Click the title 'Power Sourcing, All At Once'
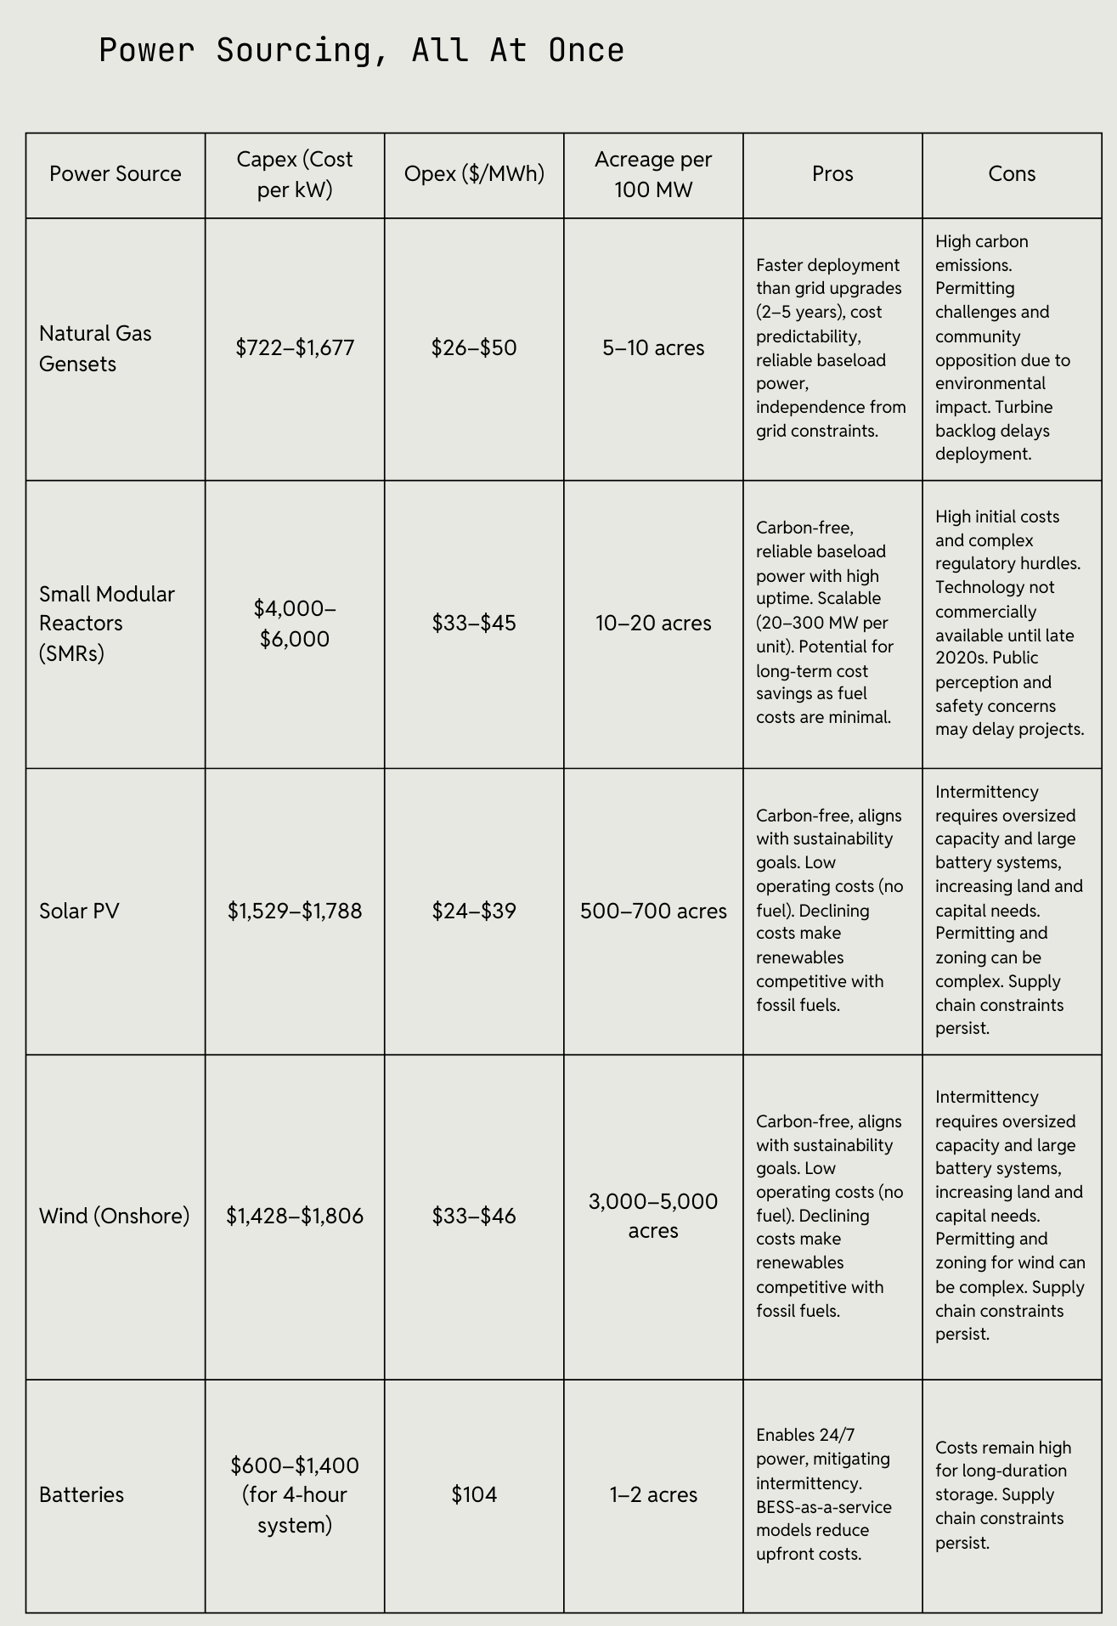(x=361, y=51)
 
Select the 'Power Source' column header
(x=116, y=174)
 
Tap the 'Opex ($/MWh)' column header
(x=474, y=174)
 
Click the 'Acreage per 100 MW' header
(x=653, y=174)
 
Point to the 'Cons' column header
(x=1012, y=174)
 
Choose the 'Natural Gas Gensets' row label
(x=95, y=348)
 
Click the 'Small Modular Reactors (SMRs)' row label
(x=107, y=624)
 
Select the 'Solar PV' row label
(x=79, y=912)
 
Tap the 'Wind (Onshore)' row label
(x=115, y=1216)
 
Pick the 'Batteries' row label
(x=82, y=1494)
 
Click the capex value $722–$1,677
(x=295, y=348)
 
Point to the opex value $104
(x=474, y=1494)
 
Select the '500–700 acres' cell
(x=653, y=912)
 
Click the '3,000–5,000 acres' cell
(x=653, y=1216)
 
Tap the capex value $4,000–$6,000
(x=295, y=624)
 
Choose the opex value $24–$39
(x=474, y=912)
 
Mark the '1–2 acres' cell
(x=653, y=1494)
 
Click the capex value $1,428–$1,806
(x=295, y=1216)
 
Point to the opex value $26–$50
(x=474, y=348)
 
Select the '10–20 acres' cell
(x=653, y=624)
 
